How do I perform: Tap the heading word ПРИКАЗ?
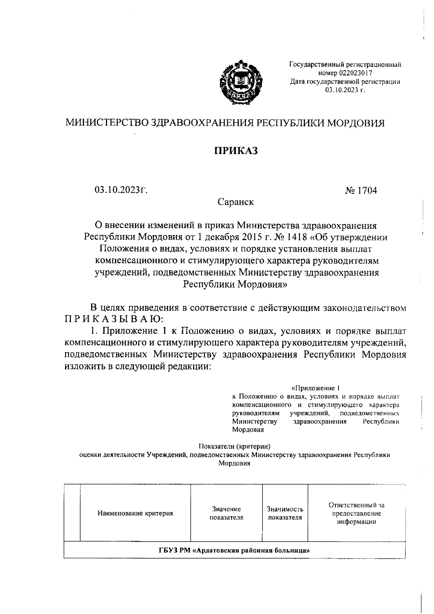pos(234,151)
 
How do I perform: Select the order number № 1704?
pos(361,190)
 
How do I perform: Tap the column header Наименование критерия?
pos(135,513)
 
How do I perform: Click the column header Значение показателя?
pos(226,513)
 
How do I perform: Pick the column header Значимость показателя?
pos(285,513)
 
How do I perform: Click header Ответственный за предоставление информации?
pos(356,513)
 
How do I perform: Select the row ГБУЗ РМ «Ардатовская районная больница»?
pos(234,551)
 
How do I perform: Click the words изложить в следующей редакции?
pos(137,366)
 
